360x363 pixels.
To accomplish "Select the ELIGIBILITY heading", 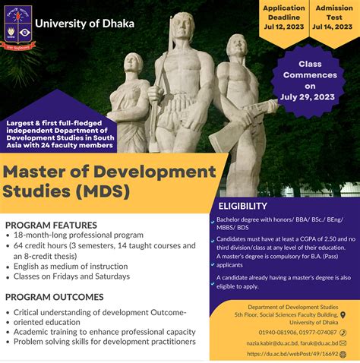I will (242, 206).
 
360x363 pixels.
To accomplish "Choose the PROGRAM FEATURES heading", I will (51, 225).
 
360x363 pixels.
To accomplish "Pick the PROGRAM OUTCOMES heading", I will (54, 296).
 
